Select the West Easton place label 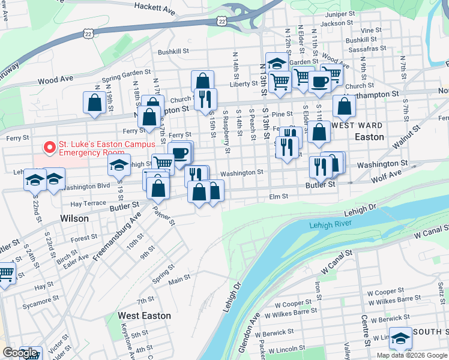[144, 316]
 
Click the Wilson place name [74, 219]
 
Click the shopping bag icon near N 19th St [94, 103]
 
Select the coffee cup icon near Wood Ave [319, 82]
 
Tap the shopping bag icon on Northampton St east [344, 107]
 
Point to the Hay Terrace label [88, 203]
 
